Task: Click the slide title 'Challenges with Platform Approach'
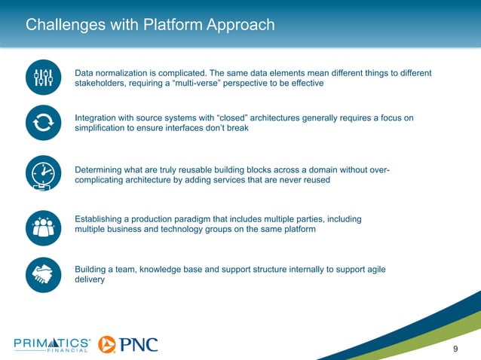click(150, 26)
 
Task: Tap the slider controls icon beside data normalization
click(43, 77)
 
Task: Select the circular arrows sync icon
click(43, 124)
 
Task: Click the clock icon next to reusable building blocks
click(43, 175)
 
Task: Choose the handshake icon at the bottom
click(43, 274)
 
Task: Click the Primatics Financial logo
click(52, 344)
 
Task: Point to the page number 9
click(455, 347)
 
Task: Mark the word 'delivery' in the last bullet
click(90, 279)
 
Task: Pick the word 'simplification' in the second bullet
click(103, 129)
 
